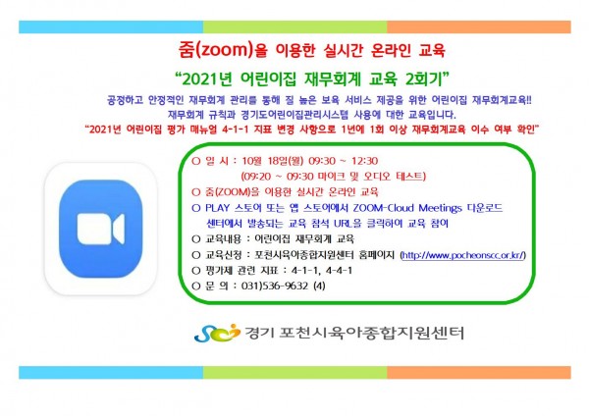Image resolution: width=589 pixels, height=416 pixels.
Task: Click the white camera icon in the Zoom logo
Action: (x=101, y=229)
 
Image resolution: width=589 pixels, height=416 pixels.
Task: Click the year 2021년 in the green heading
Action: (x=206, y=78)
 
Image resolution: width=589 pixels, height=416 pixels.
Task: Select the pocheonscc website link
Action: (x=463, y=255)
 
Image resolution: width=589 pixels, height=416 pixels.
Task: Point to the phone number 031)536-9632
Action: (x=275, y=286)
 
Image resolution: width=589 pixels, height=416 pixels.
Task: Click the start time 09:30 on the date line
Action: (x=322, y=161)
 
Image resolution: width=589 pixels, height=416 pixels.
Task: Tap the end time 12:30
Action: (x=364, y=161)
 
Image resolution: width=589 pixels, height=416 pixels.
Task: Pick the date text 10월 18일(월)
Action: (x=272, y=161)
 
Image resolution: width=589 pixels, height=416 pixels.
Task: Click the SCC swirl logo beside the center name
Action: (x=217, y=333)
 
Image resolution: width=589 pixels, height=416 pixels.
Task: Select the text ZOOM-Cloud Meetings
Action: (x=407, y=208)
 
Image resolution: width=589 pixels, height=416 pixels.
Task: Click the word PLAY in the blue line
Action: (x=217, y=208)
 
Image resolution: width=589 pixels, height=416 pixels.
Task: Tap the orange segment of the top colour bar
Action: (x=479, y=27)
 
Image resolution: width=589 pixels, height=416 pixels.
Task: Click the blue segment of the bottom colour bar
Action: (x=111, y=373)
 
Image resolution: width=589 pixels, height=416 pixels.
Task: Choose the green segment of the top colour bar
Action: (x=294, y=27)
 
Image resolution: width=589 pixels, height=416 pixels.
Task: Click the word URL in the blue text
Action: (x=343, y=224)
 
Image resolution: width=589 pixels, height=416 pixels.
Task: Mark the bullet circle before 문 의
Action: (x=195, y=286)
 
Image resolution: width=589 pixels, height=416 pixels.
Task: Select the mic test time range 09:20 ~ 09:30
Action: (x=279, y=177)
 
